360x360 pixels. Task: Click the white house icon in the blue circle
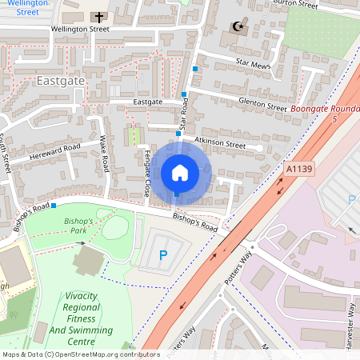pos(180,172)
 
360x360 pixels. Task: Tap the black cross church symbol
pos(99,16)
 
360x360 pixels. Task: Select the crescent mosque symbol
pos(236,27)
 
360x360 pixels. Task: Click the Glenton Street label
pos(260,104)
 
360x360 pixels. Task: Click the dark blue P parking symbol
pos(163,256)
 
